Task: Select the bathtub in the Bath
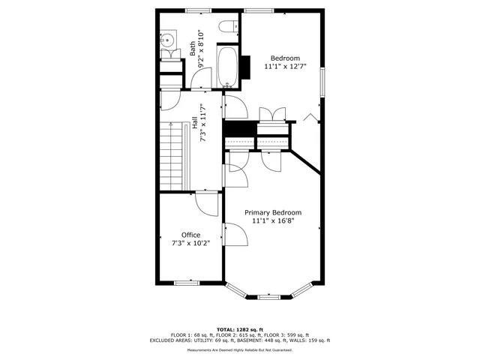[226, 67]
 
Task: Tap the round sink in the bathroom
[168, 40]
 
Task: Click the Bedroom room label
[285, 58]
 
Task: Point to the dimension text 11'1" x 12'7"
[285, 67]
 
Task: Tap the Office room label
[190, 235]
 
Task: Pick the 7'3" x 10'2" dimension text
[190, 243]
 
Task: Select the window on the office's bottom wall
[186, 283]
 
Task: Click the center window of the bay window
[271, 298]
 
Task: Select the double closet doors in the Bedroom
[271, 113]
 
